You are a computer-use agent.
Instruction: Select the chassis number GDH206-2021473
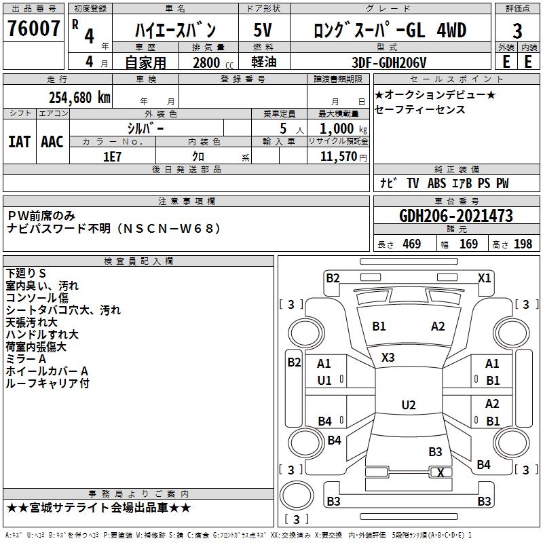[x=455, y=216]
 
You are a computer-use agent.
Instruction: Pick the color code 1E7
[x=112, y=155]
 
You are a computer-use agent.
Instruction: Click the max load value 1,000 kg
[x=337, y=128]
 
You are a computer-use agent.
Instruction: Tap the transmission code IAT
[x=18, y=142]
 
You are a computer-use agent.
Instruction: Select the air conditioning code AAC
[x=52, y=142]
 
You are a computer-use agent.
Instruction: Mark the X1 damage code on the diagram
[x=484, y=278]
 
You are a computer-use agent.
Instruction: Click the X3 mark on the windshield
[x=388, y=357]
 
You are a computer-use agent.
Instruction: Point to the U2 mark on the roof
[x=408, y=405]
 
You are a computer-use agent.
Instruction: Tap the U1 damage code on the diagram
[x=324, y=380]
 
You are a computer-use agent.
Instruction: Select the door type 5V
[x=263, y=31]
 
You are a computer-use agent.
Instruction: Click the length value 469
[x=411, y=244]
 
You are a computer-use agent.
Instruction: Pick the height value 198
[x=523, y=244]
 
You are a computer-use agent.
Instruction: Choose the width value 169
[x=468, y=244]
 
